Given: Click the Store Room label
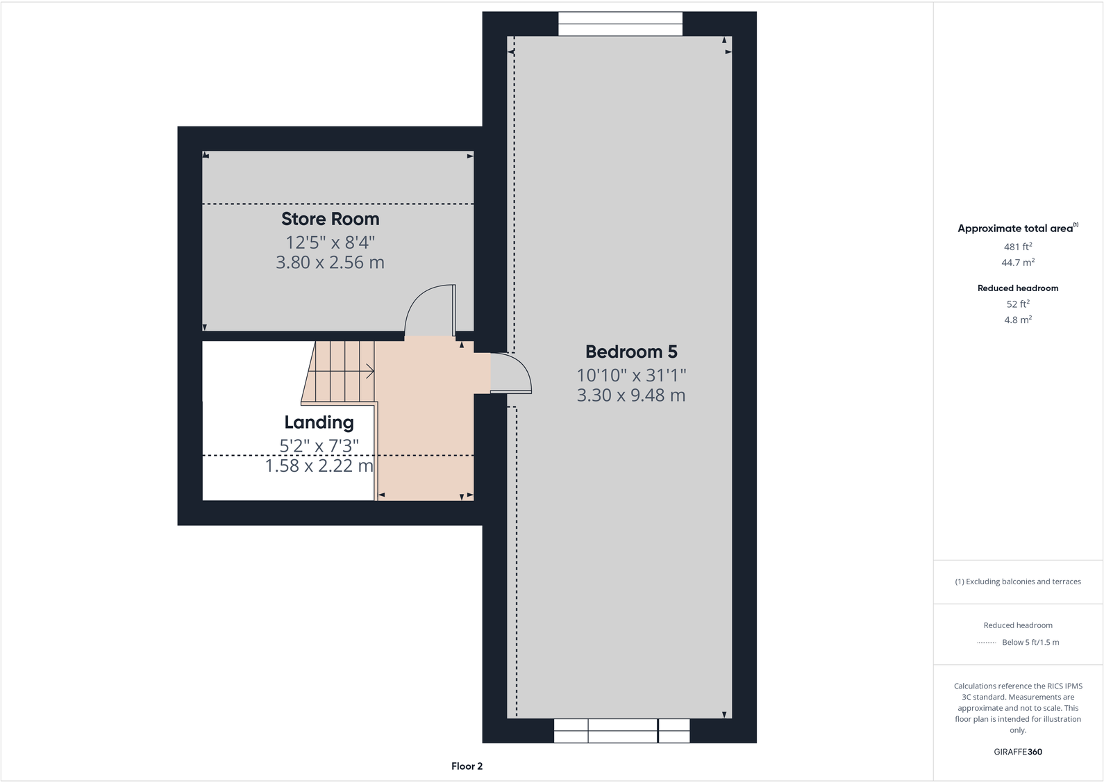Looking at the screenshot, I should pos(330,219).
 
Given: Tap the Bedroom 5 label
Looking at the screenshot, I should pos(630,352).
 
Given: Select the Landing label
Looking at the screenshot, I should pos(319,422).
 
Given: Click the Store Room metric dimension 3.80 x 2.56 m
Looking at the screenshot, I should pos(330,263).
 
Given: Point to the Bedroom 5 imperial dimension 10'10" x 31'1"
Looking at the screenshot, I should pos(630,375).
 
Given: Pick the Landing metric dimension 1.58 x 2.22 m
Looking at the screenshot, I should pos(319,466).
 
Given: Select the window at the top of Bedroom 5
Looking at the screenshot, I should pos(620,24).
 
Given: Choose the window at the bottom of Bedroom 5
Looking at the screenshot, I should pos(621,731).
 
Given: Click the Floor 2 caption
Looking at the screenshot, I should pos(467,766).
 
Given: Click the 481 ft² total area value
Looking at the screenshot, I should pos(1017,247).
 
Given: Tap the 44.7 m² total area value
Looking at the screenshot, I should pos(1017,263).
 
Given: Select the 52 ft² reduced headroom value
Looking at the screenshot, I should pos(1017,304).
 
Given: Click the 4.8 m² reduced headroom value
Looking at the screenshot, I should pos(1017,320).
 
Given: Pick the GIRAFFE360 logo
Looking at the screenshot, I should pos(1017,752).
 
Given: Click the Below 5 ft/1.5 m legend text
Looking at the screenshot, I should pos(1030,643).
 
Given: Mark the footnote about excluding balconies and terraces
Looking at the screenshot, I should pos(1017,582).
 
